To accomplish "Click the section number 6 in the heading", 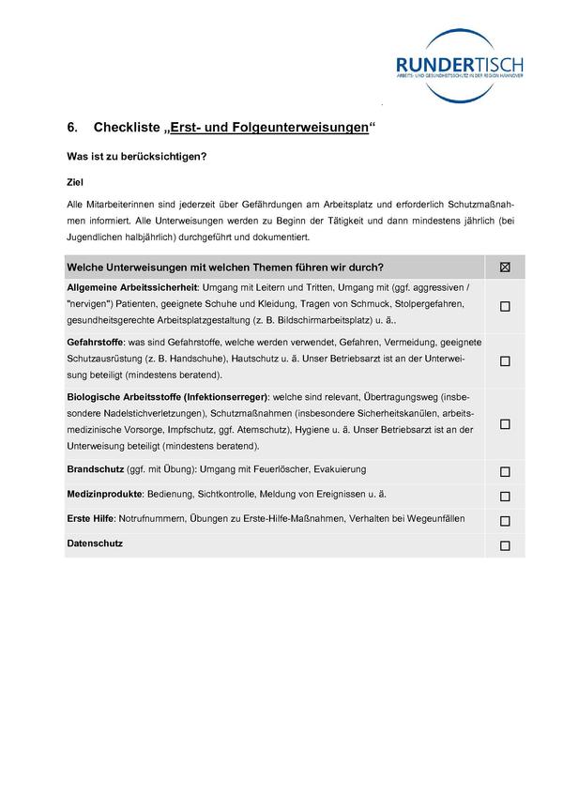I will point(71,128).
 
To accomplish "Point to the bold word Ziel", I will point(74,182).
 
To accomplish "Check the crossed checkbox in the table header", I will point(505,268).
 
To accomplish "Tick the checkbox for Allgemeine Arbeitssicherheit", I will point(505,306).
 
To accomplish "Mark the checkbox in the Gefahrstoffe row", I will point(505,360).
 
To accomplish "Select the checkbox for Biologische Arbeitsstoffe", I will point(505,424).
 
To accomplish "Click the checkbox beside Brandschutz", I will point(505,472).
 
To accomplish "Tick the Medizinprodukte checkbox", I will point(505,497).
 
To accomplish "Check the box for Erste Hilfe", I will point(505,521).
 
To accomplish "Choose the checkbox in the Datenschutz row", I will point(505,545).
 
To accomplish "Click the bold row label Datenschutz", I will point(95,543).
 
